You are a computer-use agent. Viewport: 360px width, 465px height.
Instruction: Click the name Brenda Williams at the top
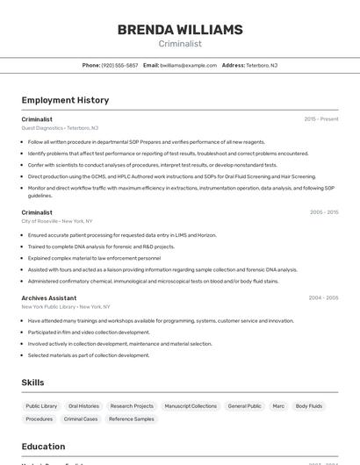[x=180, y=30]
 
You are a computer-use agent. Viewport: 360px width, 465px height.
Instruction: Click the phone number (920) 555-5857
[x=119, y=65]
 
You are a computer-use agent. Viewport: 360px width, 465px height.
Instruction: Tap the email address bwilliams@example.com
[x=189, y=65]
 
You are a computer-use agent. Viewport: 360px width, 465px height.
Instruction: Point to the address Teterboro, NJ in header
[x=262, y=65]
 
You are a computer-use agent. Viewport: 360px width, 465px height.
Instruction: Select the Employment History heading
[x=65, y=100]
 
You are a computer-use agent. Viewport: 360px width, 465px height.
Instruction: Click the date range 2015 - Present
[x=320, y=119]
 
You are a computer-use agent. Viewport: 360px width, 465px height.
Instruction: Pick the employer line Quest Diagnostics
[x=60, y=128]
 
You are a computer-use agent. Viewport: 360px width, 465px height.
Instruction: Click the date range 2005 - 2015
[x=324, y=212]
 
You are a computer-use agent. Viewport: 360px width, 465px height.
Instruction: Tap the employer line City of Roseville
[x=57, y=221]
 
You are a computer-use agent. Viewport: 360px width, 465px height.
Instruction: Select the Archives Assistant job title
[x=49, y=298]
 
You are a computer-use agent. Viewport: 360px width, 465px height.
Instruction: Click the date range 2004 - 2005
[x=323, y=298]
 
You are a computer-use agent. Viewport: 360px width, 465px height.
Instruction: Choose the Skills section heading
[x=33, y=383]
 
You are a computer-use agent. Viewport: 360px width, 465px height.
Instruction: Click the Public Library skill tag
[x=41, y=406]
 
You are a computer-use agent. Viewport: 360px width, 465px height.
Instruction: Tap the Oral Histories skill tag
[x=83, y=406]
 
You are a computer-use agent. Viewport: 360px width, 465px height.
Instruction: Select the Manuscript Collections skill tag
[x=191, y=406]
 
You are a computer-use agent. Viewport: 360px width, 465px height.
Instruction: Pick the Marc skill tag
[x=278, y=406]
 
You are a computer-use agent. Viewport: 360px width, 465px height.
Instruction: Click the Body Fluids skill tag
[x=309, y=406]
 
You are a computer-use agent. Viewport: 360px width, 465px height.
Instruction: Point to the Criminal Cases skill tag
[x=81, y=419]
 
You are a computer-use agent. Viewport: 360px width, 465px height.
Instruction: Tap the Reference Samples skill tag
[x=132, y=419]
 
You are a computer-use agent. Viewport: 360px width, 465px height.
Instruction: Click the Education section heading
[x=43, y=447]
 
